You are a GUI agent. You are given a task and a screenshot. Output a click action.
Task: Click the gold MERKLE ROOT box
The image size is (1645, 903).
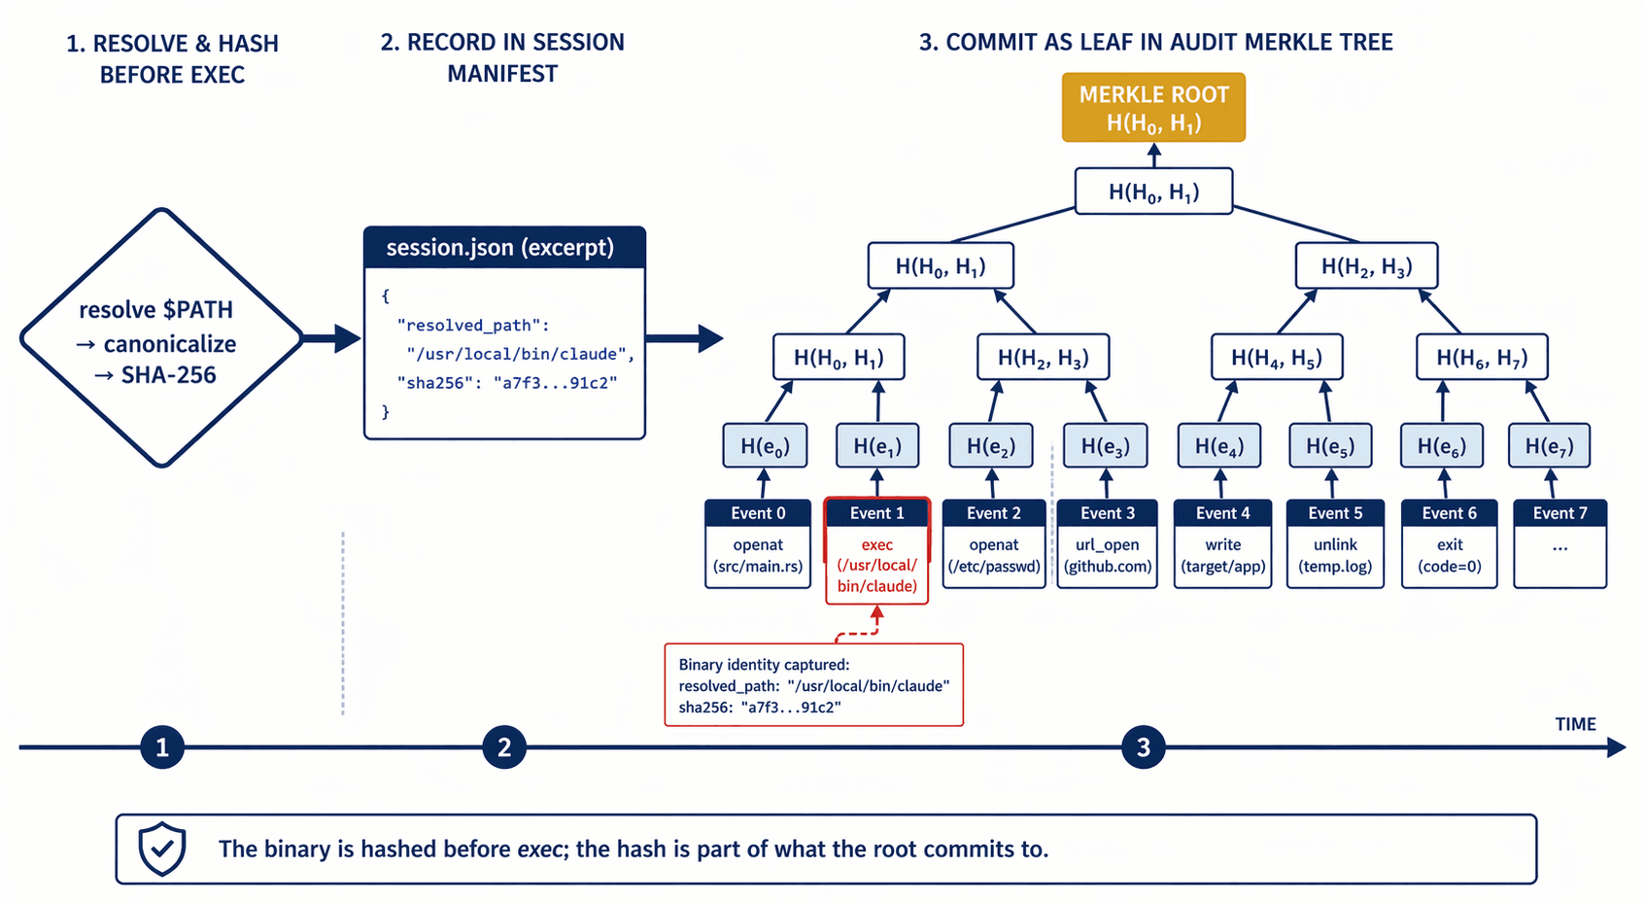click(1153, 108)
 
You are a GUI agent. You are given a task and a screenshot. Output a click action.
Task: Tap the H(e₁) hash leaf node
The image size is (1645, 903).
click(877, 446)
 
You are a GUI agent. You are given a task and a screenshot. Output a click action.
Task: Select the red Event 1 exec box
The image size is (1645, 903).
click(877, 551)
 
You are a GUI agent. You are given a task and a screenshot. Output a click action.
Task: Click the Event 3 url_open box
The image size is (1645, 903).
click(1107, 543)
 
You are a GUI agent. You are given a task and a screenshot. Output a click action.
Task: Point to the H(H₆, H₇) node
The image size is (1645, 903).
click(1482, 358)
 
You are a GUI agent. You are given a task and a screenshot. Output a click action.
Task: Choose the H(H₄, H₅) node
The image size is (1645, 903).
click(1277, 358)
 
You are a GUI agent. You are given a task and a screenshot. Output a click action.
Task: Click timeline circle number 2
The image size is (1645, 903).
click(504, 747)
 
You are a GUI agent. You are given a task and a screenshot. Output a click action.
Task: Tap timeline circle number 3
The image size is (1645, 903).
click(1144, 747)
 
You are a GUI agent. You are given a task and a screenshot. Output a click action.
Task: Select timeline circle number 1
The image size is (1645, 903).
click(162, 747)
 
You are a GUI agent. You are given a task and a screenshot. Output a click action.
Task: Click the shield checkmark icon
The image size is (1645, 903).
click(161, 849)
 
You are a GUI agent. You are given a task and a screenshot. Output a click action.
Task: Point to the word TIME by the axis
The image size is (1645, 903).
click(1575, 724)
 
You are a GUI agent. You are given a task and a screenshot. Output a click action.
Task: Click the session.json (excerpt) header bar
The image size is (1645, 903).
click(504, 248)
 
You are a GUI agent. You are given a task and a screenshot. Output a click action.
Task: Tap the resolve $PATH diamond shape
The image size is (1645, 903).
click(162, 338)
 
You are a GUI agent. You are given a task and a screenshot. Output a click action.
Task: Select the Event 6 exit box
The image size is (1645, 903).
click(1449, 543)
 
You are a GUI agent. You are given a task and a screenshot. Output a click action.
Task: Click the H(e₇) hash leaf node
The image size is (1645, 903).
click(1549, 446)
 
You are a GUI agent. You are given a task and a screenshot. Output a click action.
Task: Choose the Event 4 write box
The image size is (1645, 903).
click(1222, 543)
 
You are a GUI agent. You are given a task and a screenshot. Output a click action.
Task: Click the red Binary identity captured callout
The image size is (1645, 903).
click(813, 685)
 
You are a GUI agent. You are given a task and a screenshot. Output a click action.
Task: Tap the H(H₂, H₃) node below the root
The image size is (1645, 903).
click(1366, 266)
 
